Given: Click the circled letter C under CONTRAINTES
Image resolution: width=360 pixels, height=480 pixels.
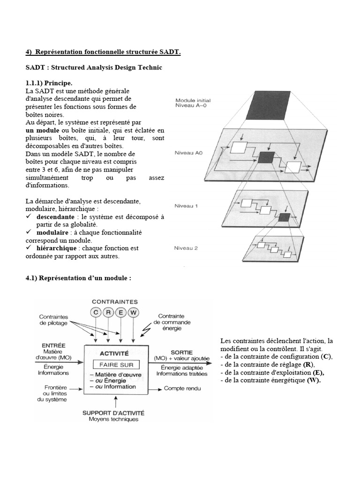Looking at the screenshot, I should [x=96, y=313].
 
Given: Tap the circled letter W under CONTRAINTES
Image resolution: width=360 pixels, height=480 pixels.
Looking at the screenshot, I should [x=134, y=313].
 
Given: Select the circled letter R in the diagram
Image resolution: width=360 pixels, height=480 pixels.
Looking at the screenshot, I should [x=108, y=313].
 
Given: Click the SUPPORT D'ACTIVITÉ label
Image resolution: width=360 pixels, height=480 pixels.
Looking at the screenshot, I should [x=113, y=413].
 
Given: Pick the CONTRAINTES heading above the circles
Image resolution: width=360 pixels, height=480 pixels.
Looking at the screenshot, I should [x=115, y=302].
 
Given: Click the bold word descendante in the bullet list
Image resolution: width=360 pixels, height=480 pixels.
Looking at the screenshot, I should [x=55, y=217].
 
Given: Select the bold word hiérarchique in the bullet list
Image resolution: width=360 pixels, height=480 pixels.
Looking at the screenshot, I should [x=57, y=247].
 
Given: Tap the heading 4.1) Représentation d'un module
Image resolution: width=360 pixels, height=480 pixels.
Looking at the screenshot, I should [x=78, y=278].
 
